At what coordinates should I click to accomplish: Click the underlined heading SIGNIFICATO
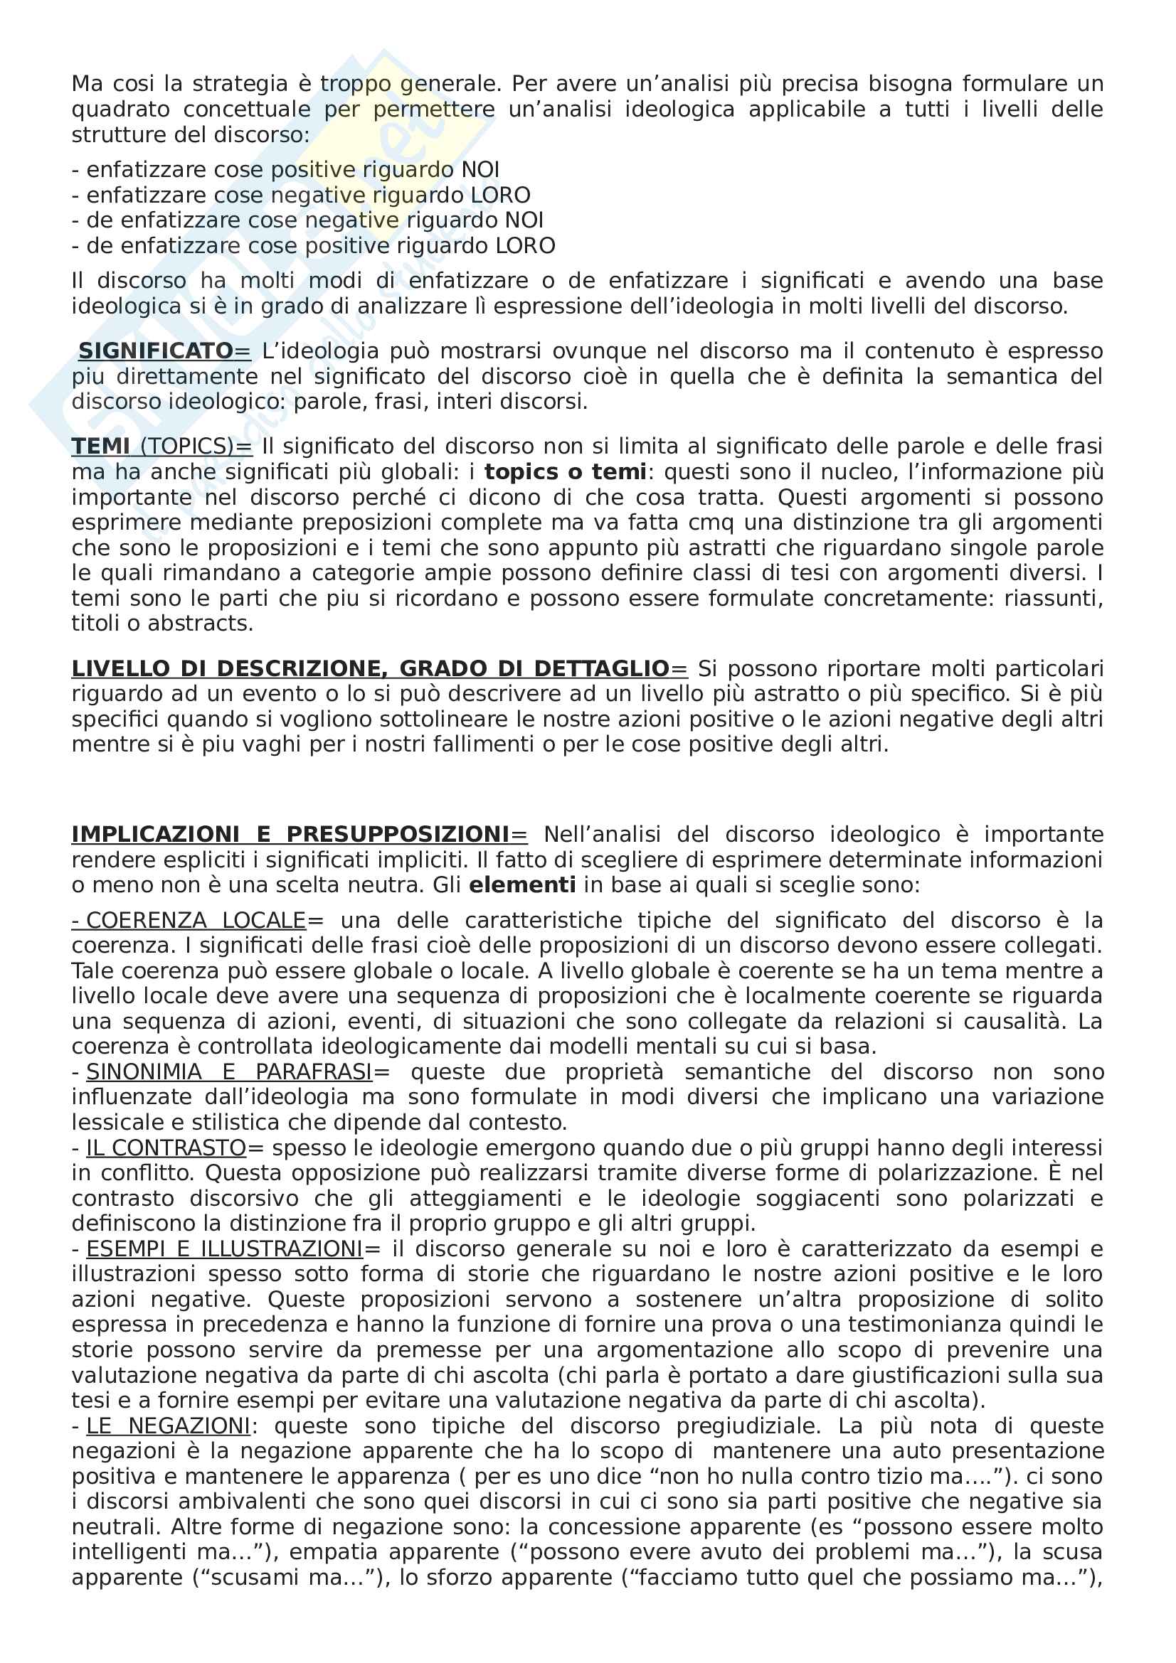coord(155,351)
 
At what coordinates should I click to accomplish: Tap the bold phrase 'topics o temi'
coord(565,472)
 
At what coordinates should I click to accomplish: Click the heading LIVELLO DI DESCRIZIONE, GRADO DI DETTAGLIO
coord(370,668)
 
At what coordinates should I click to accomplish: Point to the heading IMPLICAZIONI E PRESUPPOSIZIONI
coord(290,835)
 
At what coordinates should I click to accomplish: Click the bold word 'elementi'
coord(522,885)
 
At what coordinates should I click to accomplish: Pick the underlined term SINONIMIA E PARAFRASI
coord(229,1072)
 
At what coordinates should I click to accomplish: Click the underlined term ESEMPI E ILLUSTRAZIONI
coord(225,1249)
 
